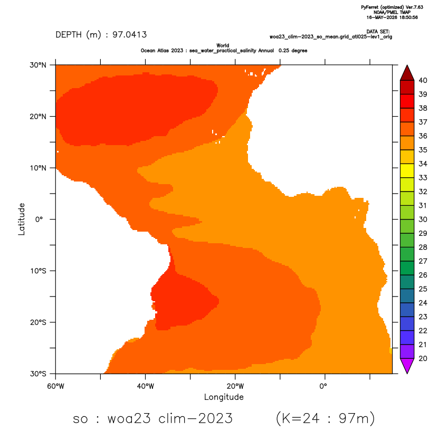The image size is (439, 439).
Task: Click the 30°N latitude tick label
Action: point(38,65)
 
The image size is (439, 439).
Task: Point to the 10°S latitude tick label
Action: point(38,271)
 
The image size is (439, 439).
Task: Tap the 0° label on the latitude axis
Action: point(39,219)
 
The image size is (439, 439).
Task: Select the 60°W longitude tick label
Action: point(55,386)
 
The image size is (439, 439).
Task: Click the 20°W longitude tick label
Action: point(235,386)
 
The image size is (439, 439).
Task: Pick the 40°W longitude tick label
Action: point(145,386)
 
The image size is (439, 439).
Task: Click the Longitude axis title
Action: point(224,397)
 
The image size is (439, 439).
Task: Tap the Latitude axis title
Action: point(22,219)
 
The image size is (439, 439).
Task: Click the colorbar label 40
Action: point(423,81)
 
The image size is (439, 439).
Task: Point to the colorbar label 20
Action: point(423,359)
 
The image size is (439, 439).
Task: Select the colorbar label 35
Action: point(423,150)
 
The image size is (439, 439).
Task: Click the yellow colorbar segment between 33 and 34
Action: point(407,171)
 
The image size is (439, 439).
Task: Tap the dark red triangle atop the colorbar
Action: point(407,74)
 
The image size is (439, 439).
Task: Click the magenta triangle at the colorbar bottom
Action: point(407,365)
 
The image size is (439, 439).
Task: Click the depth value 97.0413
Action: point(129,35)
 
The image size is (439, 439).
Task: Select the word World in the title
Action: point(223,45)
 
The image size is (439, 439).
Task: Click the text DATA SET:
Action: point(378,32)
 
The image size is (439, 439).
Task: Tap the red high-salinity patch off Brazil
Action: point(182,301)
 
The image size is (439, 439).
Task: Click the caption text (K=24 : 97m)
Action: point(325,418)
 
